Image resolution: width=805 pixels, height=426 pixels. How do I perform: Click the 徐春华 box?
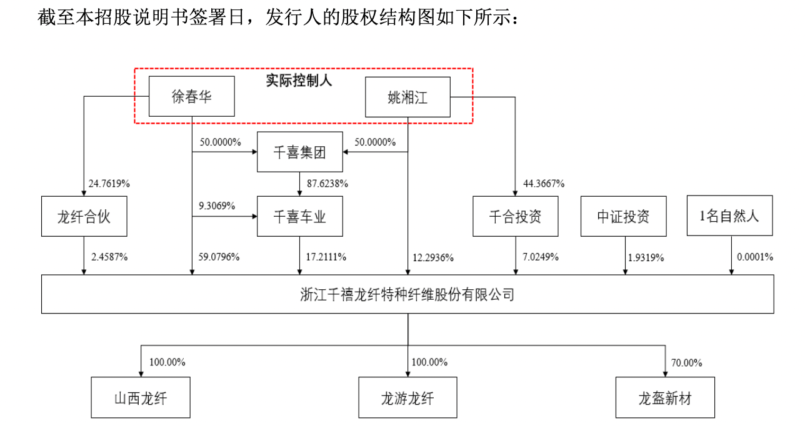click(192, 96)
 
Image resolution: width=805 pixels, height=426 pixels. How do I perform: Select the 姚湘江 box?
click(407, 96)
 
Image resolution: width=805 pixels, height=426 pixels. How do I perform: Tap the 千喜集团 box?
click(300, 152)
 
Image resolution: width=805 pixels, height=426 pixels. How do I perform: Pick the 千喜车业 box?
click(300, 216)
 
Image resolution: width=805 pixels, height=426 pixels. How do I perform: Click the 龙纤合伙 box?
click(84, 216)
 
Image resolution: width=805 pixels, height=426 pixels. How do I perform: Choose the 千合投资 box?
click(515, 216)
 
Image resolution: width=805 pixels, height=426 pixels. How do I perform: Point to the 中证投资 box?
click(623, 216)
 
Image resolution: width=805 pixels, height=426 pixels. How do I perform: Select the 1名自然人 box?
click(729, 216)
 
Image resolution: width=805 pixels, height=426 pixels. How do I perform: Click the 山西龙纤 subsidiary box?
click(141, 398)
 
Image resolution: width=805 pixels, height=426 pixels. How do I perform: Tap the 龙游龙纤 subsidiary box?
click(407, 398)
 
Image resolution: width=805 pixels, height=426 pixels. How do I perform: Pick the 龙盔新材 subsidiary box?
click(665, 398)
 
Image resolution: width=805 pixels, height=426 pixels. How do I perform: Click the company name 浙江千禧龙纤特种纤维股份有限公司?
click(407, 294)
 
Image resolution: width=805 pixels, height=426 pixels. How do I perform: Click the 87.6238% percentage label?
click(327, 184)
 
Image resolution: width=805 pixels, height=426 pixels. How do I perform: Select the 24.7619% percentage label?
click(109, 184)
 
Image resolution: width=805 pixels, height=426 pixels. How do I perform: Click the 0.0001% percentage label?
click(755, 257)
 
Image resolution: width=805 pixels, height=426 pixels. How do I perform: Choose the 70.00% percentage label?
click(686, 362)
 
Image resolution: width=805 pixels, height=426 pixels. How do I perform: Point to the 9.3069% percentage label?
click(217, 206)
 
